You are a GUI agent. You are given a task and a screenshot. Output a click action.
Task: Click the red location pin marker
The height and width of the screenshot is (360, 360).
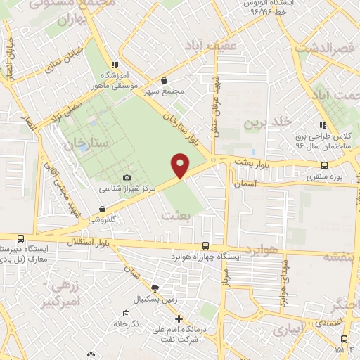pos(181,165)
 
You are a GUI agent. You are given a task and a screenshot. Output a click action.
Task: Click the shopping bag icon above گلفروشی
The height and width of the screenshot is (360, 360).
pos(103,209)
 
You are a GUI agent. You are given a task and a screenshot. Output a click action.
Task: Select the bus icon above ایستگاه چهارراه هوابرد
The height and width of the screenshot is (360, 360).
pos(205,245)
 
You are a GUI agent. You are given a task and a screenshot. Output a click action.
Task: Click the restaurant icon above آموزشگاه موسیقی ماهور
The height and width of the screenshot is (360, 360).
pos(115,65)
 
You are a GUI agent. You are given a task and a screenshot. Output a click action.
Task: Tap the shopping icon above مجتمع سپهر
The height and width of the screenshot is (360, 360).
pos(164,81)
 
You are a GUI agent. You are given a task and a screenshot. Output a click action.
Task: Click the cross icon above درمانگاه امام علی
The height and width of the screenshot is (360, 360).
pos(179,319)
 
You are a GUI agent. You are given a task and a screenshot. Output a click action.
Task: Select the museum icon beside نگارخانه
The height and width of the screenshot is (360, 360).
pos(125,314)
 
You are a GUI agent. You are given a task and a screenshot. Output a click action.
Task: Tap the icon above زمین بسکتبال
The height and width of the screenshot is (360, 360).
pos(155,288)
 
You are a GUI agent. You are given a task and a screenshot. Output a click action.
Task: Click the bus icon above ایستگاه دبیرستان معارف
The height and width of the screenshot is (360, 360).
pos(20,239)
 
